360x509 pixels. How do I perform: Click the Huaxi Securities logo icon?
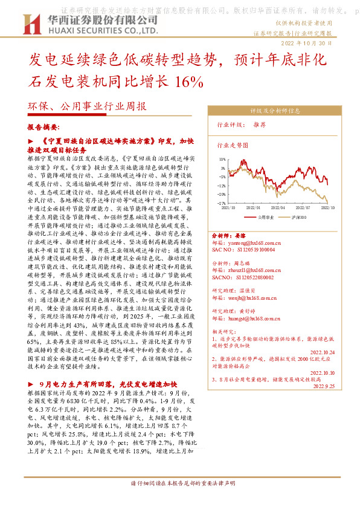[x=29, y=24]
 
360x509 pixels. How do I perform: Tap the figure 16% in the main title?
[x=183, y=81]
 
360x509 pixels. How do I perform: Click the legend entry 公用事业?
[x=265, y=216]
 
